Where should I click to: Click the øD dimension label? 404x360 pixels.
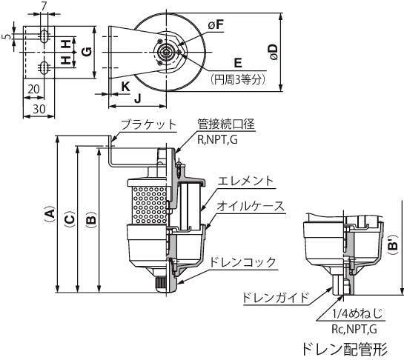[x=273, y=53]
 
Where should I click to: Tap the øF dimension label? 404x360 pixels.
[x=216, y=25]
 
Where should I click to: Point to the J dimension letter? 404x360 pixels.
[x=138, y=99]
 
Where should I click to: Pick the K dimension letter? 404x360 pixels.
[x=125, y=87]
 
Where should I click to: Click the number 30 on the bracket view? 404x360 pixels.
[x=39, y=109]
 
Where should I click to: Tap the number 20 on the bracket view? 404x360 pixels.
[x=33, y=90]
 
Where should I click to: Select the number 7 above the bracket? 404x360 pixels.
[x=44, y=7]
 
